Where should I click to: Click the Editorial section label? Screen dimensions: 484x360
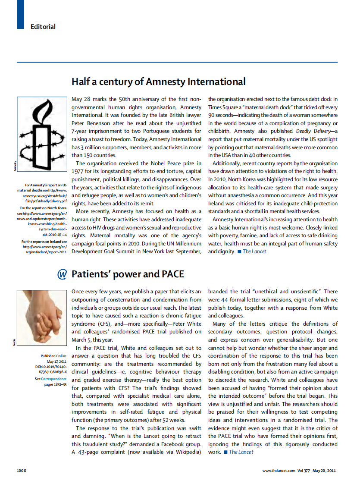(43, 27)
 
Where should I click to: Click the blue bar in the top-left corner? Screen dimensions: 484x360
(20, 14)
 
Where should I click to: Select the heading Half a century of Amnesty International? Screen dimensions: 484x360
(158, 82)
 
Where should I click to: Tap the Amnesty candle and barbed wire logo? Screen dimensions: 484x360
(41, 130)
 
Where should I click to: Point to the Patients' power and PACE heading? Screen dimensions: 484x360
(128, 274)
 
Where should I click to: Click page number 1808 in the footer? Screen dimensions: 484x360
(22, 470)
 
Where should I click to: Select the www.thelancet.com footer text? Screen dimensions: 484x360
(279, 470)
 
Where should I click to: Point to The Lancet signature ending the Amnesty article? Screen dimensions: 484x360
(254, 251)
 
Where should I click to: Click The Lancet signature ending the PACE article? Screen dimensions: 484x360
(241, 452)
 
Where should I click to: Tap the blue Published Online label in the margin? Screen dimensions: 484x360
(53, 356)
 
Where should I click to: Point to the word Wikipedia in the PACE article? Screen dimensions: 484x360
(187, 452)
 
